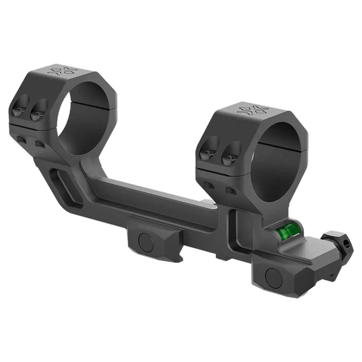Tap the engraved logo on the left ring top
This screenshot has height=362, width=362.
[63, 71]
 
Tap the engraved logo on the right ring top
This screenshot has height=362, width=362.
[252, 110]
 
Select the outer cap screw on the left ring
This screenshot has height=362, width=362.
[20, 105]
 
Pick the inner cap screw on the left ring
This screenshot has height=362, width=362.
[38, 110]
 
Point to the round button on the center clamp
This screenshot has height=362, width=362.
[146, 243]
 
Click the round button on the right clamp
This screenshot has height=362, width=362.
[273, 277]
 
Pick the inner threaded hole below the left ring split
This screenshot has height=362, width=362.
[39, 144]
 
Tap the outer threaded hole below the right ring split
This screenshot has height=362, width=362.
[209, 185]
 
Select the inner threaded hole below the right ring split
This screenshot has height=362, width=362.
[231, 191]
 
